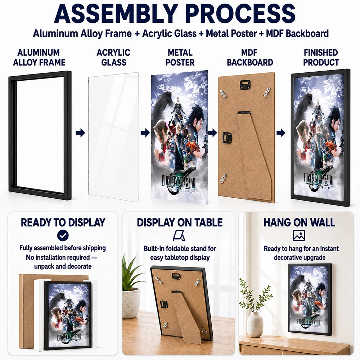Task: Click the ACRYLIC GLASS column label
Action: coord(114,57)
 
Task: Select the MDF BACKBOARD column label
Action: coord(250,57)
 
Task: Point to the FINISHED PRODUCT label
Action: coord(321,57)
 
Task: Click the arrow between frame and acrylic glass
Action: coord(80,133)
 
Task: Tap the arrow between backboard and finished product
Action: coord(281,133)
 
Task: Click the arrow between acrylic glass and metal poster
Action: coord(145,133)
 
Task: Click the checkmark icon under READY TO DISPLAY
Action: coord(63,235)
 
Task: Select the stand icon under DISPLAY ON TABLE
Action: coord(179,236)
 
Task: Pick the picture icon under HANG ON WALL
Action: coord(299,235)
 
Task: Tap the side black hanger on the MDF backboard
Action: coord(226,138)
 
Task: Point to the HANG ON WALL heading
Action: coord(299,222)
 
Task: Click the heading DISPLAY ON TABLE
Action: coord(180,222)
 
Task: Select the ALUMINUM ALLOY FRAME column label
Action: coord(39,57)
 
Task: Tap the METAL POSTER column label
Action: coord(180,57)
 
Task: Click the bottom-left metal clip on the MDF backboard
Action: coord(224,178)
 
